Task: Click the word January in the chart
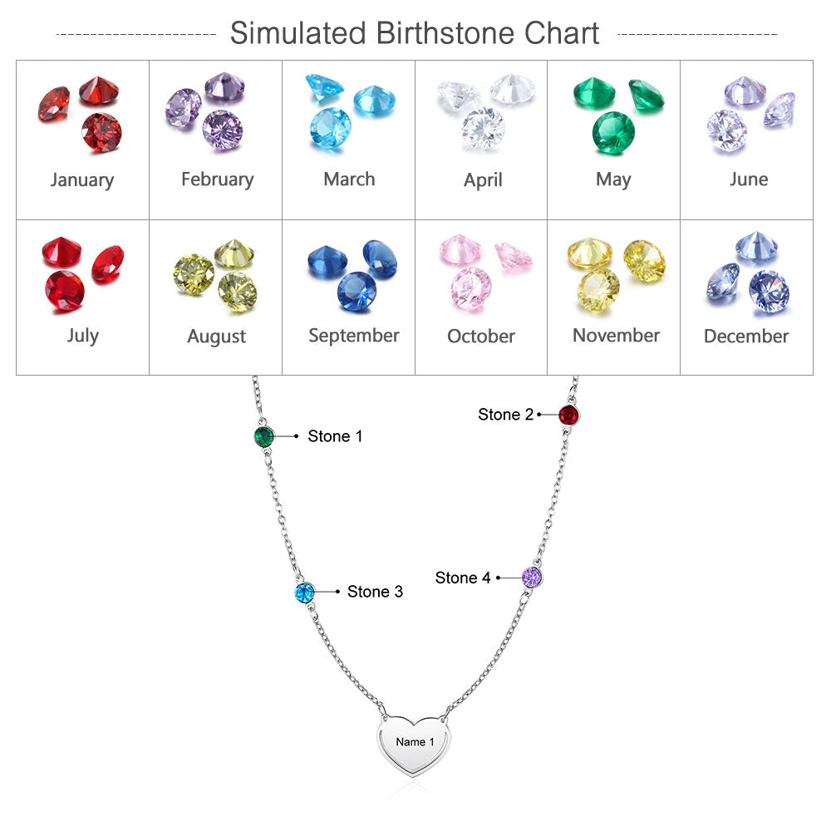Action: click(81, 179)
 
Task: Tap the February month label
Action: click(217, 179)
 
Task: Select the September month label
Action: click(354, 335)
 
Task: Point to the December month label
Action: click(746, 336)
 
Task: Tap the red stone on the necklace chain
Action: click(568, 415)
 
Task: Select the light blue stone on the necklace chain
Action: click(305, 593)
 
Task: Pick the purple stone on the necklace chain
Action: click(532, 577)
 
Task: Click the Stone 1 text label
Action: click(335, 436)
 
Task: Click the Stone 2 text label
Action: click(505, 415)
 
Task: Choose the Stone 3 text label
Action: click(375, 592)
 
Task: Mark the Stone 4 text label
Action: click(463, 578)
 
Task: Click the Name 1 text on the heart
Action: click(415, 742)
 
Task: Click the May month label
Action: click(613, 179)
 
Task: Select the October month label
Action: click(481, 336)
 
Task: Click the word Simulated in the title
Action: click(298, 34)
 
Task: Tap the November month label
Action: click(616, 335)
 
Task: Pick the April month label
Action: click(483, 179)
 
